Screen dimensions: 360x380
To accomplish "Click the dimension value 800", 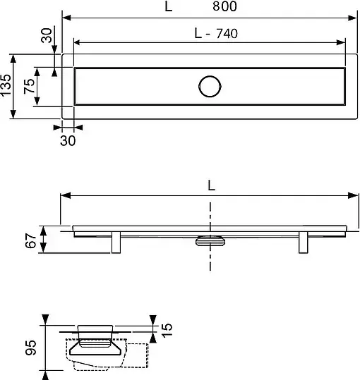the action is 224,6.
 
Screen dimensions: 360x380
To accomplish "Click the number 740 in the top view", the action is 227,33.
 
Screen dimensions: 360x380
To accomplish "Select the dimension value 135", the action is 6,85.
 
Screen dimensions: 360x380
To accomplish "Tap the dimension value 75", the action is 29,86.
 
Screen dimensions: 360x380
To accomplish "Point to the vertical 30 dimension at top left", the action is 47,35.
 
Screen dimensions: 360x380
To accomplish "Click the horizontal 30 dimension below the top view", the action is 68,140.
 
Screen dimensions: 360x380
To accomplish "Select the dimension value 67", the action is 31,240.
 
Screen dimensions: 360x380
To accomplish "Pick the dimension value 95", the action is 31,348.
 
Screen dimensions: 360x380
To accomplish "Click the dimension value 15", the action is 167,330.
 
